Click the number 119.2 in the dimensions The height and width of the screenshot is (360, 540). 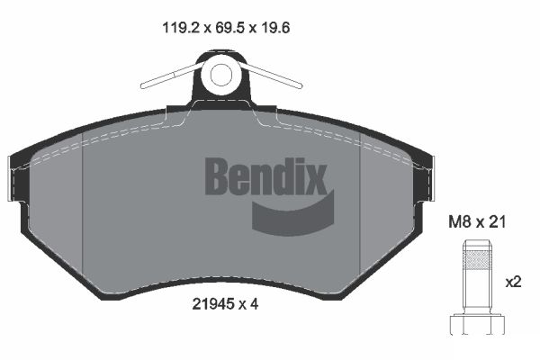click(178, 28)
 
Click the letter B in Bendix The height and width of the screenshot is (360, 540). click(219, 176)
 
